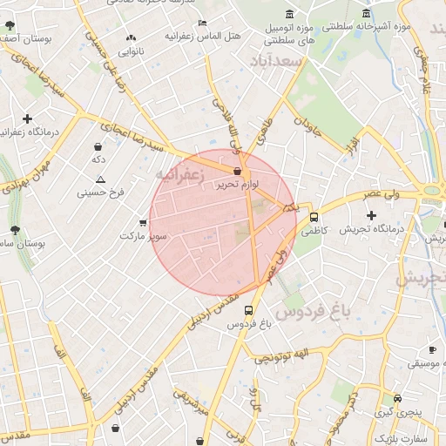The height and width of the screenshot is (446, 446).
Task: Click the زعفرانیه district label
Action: (179, 176)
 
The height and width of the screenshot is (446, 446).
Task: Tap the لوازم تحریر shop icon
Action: (238, 172)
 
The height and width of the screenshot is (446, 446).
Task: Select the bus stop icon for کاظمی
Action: (314, 218)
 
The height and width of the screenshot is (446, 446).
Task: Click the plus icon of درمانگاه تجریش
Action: (372, 215)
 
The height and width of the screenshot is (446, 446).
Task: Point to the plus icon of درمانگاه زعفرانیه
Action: (28, 118)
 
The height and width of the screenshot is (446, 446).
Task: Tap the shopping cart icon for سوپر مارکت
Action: (143, 223)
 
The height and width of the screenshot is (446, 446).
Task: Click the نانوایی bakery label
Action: (131, 51)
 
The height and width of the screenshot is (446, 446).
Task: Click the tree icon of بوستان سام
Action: (15, 230)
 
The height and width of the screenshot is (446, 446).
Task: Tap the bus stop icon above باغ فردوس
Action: (249, 310)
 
